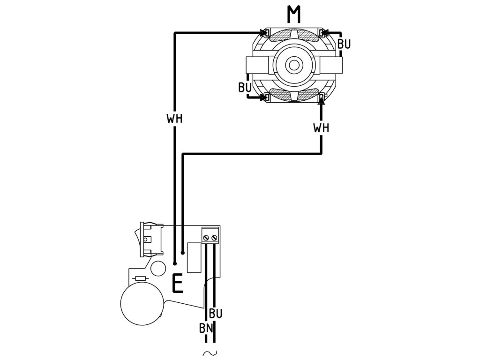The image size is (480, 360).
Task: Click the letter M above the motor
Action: [294, 15]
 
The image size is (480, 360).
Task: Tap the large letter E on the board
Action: [177, 284]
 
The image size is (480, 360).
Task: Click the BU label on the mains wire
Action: [216, 313]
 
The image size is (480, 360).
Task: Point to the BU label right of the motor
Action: [344, 44]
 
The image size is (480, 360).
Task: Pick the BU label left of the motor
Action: [245, 87]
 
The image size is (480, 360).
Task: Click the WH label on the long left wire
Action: [174, 118]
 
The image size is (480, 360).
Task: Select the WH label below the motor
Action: [321, 127]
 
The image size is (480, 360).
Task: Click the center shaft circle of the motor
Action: [294, 65]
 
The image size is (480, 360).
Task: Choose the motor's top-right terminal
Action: [322, 32]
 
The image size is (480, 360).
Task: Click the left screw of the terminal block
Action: [206, 238]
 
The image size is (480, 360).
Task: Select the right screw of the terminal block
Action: [215, 238]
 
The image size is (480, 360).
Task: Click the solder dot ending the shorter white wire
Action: [182, 253]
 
